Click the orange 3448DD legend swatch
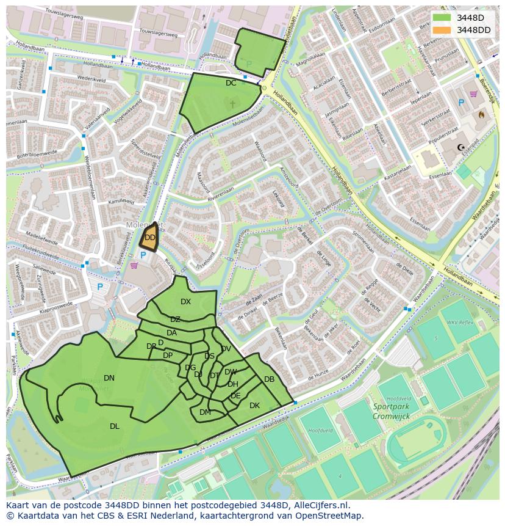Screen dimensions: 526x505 (x=442, y=30)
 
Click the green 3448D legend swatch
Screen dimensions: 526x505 (x=442, y=18)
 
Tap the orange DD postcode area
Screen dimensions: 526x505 (x=149, y=238)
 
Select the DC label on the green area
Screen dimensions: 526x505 (x=231, y=83)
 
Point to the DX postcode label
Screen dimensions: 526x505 (x=185, y=302)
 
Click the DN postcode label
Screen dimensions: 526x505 (x=109, y=378)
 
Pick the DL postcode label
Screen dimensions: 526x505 (x=115, y=426)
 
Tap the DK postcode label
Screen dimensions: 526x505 (x=254, y=406)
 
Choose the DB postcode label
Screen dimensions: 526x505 (x=269, y=379)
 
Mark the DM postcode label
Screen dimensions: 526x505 (x=205, y=412)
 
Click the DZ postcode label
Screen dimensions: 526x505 (x=175, y=320)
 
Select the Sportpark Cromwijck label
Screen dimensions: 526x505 (x=391, y=411)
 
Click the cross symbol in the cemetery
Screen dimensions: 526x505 (x=232, y=104)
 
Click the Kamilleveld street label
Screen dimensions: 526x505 (x=120, y=201)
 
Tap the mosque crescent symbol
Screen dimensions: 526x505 (x=462, y=147)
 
